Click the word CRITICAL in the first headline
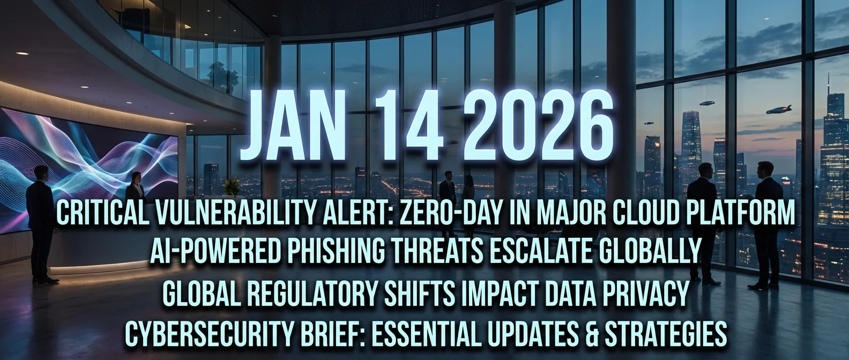(x=98, y=215)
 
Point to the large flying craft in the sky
(x=778, y=110)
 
